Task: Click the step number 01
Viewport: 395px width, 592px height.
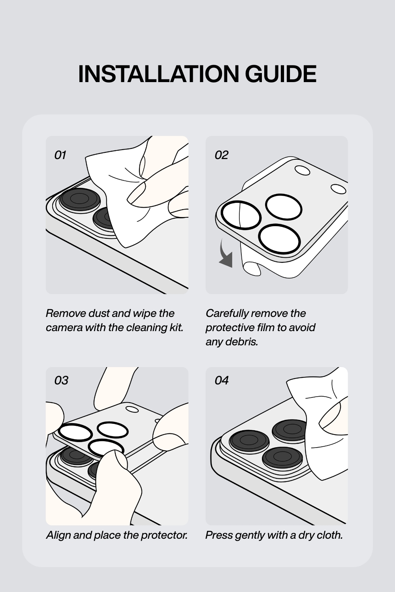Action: tap(60, 155)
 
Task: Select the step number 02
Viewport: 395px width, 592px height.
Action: tap(221, 155)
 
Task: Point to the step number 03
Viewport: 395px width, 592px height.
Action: tap(61, 380)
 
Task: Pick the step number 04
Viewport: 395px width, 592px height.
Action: tap(222, 380)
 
